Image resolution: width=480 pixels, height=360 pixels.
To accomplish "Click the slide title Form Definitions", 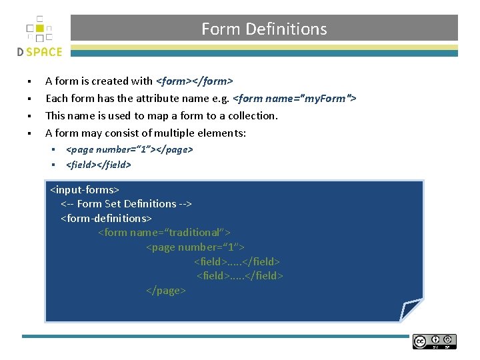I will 264,29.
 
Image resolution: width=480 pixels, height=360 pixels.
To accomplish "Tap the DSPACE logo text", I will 39,52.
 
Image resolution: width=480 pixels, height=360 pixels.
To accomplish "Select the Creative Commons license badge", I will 435,341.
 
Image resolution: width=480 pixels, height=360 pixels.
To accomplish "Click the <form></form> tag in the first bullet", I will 194,81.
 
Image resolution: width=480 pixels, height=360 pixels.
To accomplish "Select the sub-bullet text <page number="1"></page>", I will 129,149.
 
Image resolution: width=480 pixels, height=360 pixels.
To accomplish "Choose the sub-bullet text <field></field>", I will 99,164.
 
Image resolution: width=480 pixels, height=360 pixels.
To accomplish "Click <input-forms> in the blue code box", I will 85,189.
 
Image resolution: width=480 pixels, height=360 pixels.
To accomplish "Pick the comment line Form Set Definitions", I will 126,204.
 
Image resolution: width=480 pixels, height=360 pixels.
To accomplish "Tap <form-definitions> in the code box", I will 107,218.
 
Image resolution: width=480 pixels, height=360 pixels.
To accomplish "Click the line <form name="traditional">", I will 164,233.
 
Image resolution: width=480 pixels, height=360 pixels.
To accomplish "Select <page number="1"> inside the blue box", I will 195,247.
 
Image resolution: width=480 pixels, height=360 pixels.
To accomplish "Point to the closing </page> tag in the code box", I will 166,291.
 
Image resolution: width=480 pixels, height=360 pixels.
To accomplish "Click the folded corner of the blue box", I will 411,309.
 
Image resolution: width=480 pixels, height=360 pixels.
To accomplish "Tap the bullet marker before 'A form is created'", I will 30,82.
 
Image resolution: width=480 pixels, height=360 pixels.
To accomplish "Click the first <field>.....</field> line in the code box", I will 237,262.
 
